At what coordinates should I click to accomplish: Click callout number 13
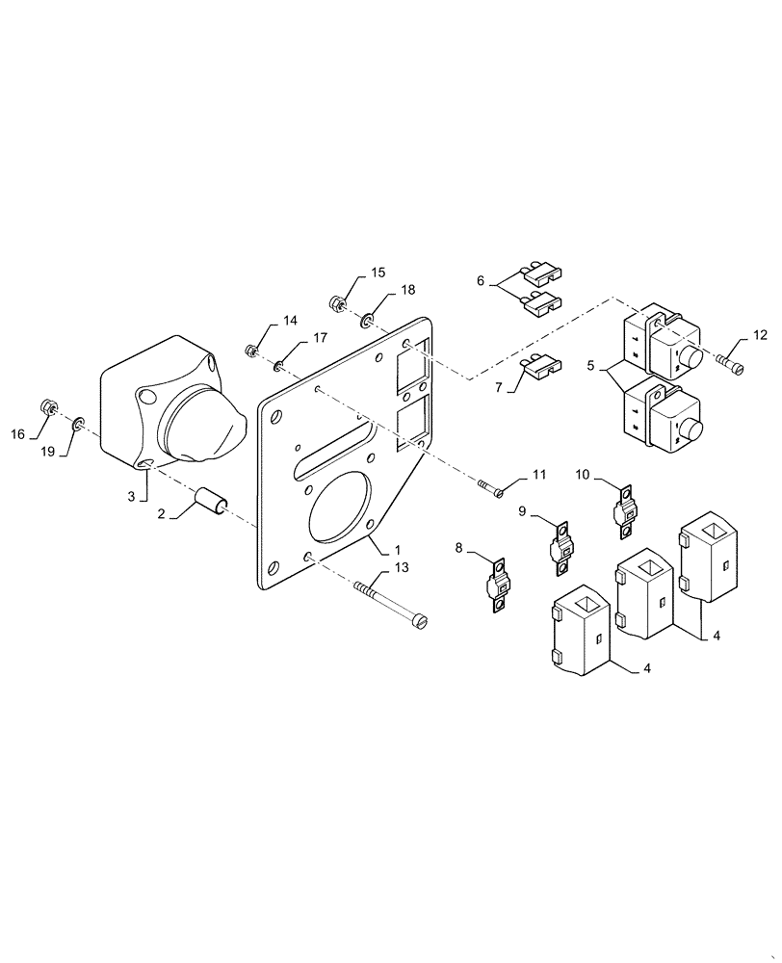pos(401,567)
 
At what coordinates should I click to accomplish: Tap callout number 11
pos(538,475)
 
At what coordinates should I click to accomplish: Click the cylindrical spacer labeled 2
pos(211,501)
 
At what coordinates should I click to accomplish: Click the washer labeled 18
pos(370,317)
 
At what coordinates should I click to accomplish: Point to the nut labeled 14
pos(250,350)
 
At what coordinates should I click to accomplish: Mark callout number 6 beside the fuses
pos(481,281)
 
